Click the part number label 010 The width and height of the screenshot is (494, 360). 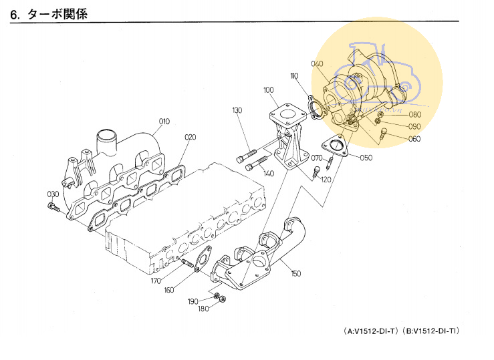pos(164,122)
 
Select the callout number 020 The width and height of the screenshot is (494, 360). pos(191,138)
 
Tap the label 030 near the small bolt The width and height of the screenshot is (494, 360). pos(53,194)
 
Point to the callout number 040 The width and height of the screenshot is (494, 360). pos(317,64)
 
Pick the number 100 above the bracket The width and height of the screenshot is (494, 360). pos(268,90)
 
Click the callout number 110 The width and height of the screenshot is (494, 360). pos(294,77)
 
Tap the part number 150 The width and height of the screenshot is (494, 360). pos(295,274)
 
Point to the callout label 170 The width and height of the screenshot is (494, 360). pos(156,281)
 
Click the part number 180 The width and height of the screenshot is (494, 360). pos(203,309)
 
